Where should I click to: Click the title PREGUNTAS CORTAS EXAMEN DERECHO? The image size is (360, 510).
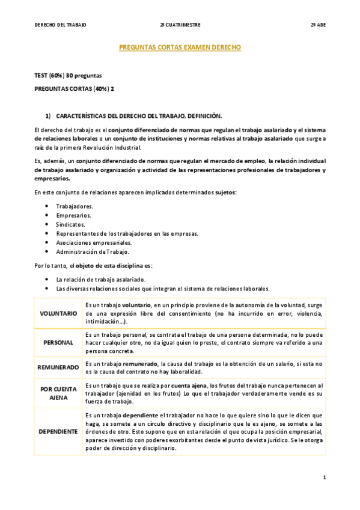180,47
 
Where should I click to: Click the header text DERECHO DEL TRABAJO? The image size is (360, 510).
60,25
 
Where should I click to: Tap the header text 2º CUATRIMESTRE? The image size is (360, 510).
180,25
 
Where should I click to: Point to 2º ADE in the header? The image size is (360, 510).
318,25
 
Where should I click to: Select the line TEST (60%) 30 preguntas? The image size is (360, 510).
68,76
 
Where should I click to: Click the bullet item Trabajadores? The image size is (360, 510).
75,206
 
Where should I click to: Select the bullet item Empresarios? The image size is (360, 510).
74,215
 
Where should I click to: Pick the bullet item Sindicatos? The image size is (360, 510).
71,224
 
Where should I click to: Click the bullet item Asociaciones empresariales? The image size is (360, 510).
93,242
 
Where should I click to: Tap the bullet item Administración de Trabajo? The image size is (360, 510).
93,251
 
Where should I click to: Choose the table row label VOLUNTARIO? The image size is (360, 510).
58,313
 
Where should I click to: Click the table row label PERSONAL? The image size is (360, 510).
58,342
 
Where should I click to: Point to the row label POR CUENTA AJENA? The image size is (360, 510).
58,393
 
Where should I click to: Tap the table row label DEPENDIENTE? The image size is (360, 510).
58,431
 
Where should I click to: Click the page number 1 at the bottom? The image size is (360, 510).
324,478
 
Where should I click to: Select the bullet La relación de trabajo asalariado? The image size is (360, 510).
100,279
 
